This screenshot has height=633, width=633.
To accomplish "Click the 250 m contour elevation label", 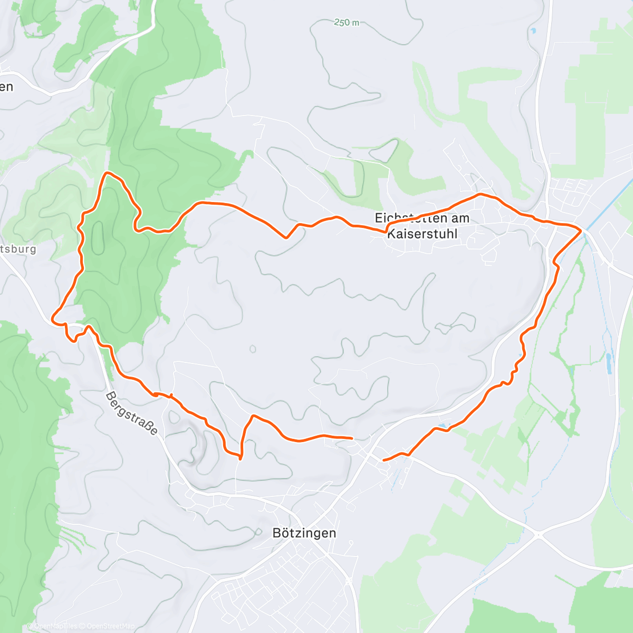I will (x=347, y=23).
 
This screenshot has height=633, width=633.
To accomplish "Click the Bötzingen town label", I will (x=304, y=533).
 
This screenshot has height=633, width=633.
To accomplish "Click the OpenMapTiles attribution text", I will (x=53, y=626).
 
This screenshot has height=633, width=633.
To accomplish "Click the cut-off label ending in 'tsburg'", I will (x=18, y=249).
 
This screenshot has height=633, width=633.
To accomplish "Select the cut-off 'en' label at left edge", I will (x=6, y=87).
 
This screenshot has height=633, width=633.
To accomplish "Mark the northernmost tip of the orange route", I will (x=108, y=173).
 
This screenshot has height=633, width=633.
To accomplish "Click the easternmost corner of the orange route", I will (x=581, y=231).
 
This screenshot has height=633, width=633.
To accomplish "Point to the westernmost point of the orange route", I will (x=52, y=319).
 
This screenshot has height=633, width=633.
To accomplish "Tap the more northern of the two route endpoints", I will (x=351, y=438).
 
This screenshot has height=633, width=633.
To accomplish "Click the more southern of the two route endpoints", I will (x=384, y=460).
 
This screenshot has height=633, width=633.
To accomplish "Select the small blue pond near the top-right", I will (x=533, y=31).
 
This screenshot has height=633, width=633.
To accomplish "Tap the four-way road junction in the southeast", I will (x=538, y=534).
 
